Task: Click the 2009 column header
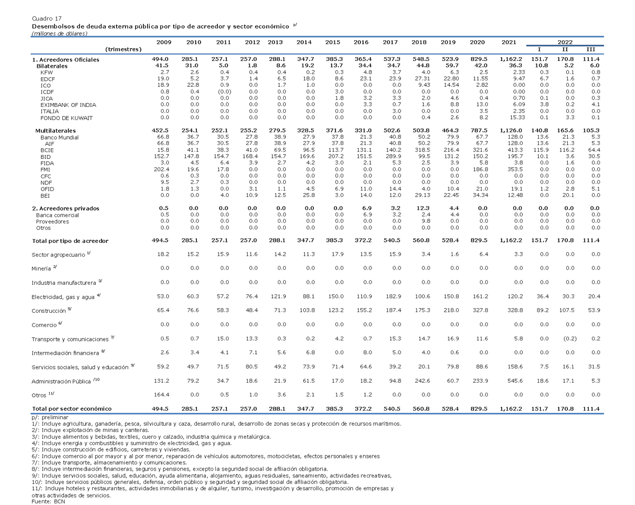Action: point(164,42)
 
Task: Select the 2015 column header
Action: point(332,42)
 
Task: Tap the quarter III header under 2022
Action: point(591,49)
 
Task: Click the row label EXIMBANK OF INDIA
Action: point(68,105)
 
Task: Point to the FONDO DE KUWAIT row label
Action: point(66,118)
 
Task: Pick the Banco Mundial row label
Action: point(60,138)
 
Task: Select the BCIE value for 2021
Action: point(515,150)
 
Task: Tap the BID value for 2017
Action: point(393,157)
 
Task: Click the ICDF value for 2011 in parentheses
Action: point(224,92)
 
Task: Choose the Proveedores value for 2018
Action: point(425,221)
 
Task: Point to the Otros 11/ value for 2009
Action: point(161,394)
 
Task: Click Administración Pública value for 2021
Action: point(515,381)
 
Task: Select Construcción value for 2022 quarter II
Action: point(567,310)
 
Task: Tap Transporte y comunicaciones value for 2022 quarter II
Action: point(570,339)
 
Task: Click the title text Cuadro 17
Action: point(47,19)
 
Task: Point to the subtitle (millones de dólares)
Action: point(60,34)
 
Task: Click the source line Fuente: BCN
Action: point(48,501)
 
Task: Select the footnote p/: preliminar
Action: point(50,417)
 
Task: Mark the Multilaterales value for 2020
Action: point(479,130)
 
